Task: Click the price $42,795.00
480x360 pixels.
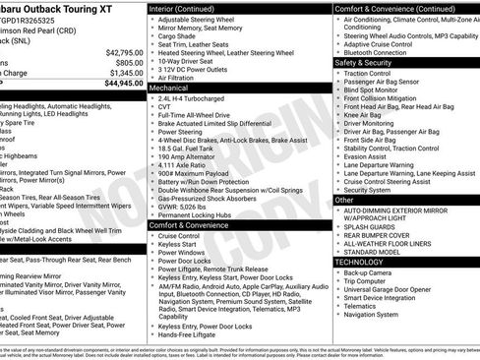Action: click(x=121, y=51)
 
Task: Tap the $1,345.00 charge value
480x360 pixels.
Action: click(x=124, y=73)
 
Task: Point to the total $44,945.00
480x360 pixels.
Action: click(x=121, y=84)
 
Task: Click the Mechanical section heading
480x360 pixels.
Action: click(x=169, y=87)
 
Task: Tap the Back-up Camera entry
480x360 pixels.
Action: click(x=368, y=272)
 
